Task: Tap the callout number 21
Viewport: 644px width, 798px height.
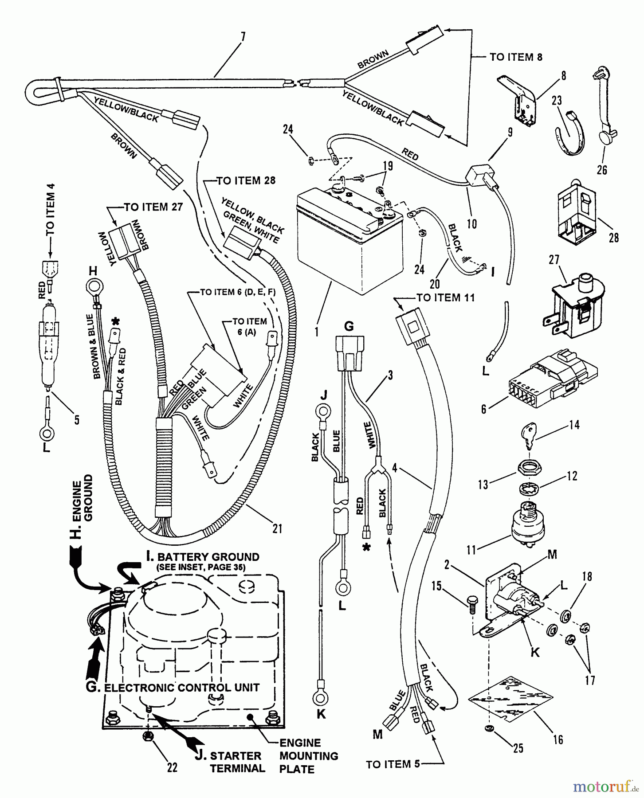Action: tap(277, 528)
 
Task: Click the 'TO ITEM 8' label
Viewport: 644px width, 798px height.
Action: tap(516, 57)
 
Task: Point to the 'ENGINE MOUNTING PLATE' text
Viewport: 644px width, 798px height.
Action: tap(308, 755)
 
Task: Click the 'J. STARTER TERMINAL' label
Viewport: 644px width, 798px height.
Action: tap(230, 762)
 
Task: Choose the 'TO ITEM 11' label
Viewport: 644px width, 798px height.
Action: tap(445, 297)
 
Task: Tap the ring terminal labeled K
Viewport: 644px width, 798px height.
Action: tap(320, 699)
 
